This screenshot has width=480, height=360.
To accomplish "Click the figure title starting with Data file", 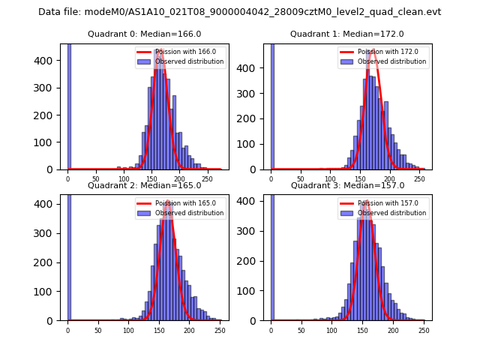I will click(x=239, y=12).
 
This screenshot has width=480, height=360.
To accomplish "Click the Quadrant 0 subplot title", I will click(x=144, y=34).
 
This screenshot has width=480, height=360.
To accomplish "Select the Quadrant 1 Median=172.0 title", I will click(x=346, y=34).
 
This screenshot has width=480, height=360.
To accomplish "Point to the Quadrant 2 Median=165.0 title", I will click(x=144, y=185).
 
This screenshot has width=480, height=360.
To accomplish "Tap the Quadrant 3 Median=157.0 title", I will click(x=346, y=185).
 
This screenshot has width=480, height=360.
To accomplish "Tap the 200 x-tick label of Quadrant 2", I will click(x=159, y=330).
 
